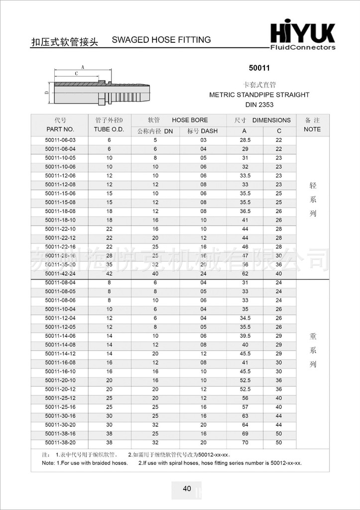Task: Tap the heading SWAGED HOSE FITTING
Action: [161, 40]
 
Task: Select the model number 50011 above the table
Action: [259, 68]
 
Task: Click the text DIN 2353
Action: [259, 105]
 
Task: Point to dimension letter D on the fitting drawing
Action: [46, 92]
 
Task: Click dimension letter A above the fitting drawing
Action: [83, 67]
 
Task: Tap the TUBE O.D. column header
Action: [109, 129]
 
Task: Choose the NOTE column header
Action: [312, 129]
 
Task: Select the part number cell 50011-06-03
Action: [60, 140]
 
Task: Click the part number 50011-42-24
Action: [60, 273]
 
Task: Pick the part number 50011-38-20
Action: [60, 442]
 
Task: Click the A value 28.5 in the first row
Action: [245, 140]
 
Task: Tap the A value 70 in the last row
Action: [245, 442]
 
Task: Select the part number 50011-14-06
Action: [60, 336]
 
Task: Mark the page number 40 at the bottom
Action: [187, 489]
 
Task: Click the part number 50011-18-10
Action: [60, 220]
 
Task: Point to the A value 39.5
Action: [245, 336]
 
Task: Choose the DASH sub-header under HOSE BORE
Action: [203, 131]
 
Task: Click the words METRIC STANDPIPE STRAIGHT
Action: [259, 95]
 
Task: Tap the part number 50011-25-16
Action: [60, 407]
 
